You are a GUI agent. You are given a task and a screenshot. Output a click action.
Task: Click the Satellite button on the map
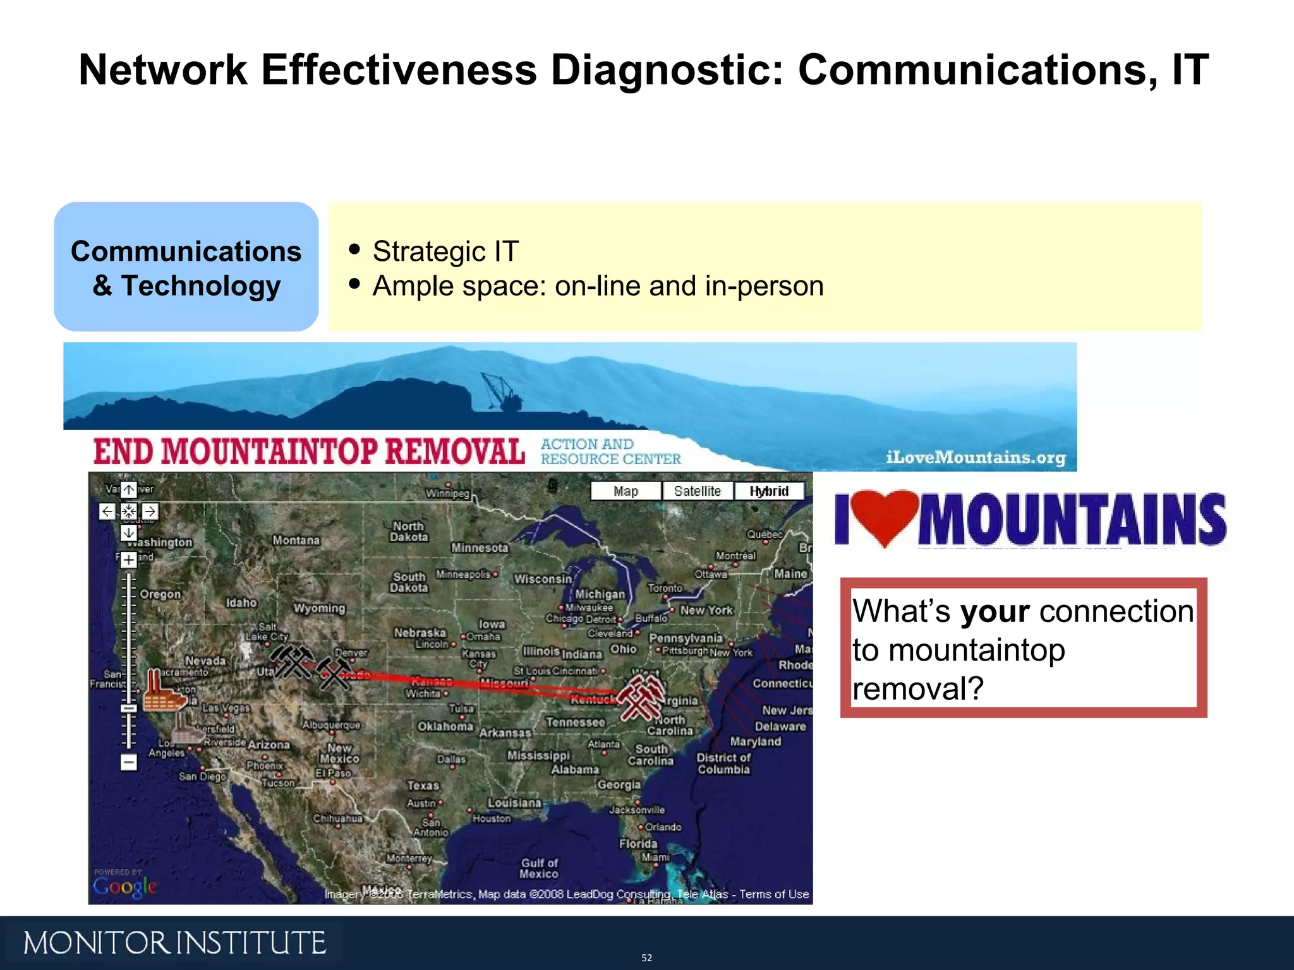(697, 491)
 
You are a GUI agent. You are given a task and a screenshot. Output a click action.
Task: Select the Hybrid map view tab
(769, 491)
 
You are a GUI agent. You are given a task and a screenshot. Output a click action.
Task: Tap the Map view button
(626, 491)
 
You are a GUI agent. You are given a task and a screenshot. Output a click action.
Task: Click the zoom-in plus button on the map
(128, 560)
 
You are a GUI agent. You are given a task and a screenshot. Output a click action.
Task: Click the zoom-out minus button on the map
(128, 762)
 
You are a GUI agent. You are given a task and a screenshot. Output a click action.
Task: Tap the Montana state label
(296, 541)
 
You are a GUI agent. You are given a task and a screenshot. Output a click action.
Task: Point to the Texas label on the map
(423, 786)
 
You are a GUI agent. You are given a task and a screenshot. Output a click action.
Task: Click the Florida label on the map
(638, 844)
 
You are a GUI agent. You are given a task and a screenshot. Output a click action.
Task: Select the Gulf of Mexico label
(539, 868)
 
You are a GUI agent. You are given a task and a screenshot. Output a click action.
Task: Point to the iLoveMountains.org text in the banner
(976, 457)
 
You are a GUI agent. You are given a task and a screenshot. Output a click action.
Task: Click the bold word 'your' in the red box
(995, 611)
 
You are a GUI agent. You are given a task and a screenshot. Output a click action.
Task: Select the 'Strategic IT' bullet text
(445, 251)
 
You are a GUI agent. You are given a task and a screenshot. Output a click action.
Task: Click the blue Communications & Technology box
(186, 267)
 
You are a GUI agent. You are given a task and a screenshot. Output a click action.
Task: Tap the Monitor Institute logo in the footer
(174, 943)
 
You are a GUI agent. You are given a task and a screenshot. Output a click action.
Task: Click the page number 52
(646, 958)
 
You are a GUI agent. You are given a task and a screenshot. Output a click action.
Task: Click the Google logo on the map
(124, 886)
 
